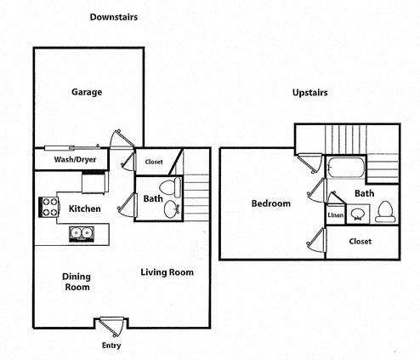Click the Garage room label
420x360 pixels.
point(88,92)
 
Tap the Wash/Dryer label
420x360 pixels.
point(74,159)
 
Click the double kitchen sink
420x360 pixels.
point(82,232)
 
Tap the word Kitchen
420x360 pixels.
point(85,209)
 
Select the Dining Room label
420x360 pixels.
point(77,282)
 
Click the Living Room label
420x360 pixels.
point(167,272)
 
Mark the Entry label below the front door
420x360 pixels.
point(111,346)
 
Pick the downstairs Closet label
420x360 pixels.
point(154,161)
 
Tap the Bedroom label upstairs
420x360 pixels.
point(271,203)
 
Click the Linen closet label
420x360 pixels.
point(336,215)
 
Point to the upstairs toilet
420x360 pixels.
point(385,209)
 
